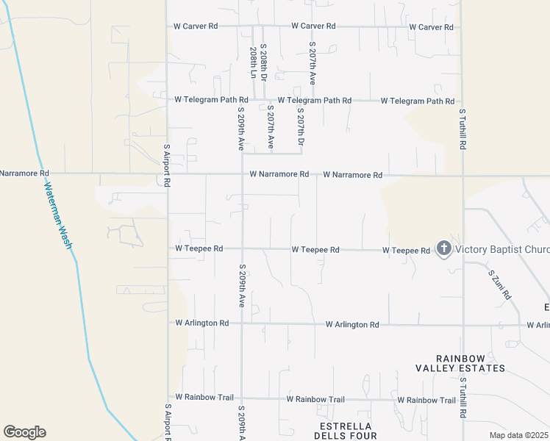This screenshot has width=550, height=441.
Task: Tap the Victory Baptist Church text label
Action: (502, 249)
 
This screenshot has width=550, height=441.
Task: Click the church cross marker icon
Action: (443, 249)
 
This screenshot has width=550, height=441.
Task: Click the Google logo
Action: (24, 432)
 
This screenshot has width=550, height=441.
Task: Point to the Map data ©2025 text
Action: (518, 435)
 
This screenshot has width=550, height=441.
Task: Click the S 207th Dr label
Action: (300, 126)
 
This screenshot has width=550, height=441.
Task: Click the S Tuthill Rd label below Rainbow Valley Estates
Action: (463, 398)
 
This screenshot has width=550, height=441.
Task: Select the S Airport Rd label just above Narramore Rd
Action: (167, 165)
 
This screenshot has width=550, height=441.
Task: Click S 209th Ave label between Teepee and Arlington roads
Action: (241, 285)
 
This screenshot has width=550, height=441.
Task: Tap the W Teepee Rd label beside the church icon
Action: (406, 251)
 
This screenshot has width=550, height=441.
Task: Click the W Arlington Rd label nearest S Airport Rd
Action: (201, 323)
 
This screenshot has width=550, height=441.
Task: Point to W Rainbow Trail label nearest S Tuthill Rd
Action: (426, 400)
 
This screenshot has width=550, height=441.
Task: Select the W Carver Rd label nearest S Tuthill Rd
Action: (430, 26)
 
